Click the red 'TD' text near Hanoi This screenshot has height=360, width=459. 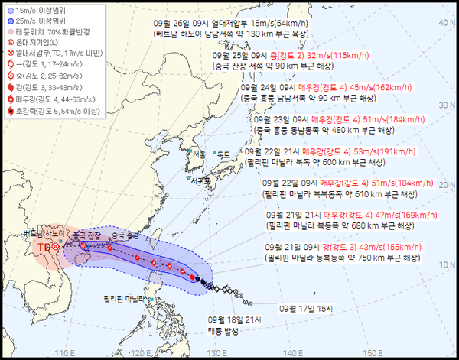point(44,247)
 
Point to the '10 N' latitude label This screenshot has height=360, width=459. point(444,265)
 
